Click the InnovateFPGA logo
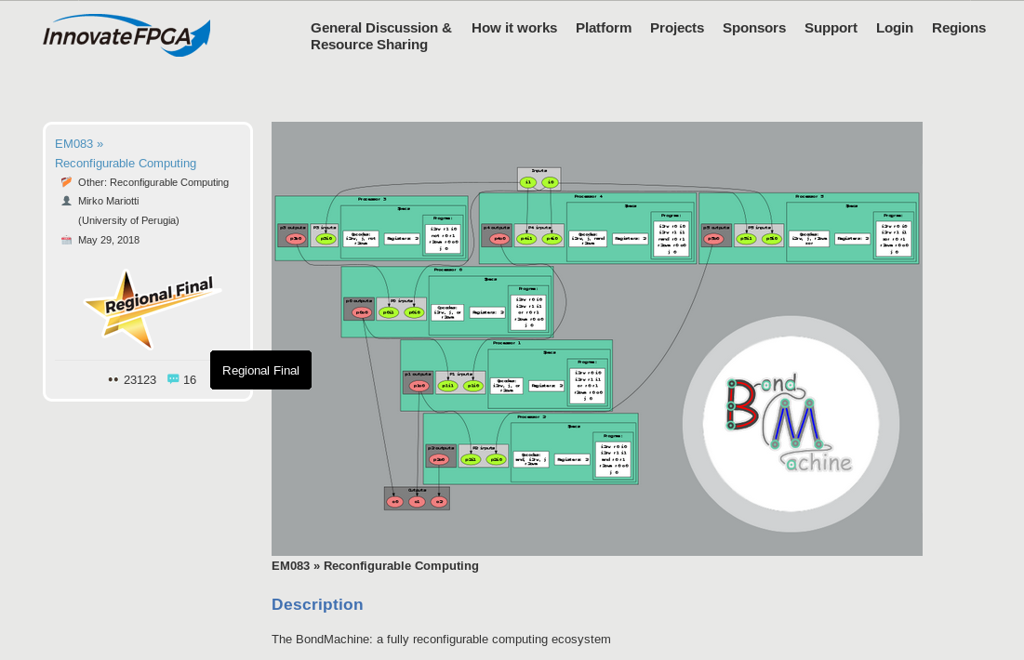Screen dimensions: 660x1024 click(126, 35)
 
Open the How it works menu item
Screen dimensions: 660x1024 click(513, 28)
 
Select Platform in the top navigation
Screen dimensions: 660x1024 click(604, 28)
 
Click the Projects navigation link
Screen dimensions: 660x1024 click(677, 28)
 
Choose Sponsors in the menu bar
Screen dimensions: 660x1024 click(754, 28)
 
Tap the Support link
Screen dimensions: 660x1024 click(831, 28)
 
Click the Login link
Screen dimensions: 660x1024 click(895, 28)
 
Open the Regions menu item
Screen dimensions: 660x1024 click(959, 28)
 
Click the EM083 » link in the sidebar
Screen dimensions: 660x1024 click(79, 143)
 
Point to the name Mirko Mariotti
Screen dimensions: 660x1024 click(108, 201)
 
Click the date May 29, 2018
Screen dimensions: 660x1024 click(109, 240)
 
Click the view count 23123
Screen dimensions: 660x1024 click(140, 379)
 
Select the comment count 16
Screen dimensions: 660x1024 click(189, 379)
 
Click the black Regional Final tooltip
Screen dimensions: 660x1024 click(260, 370)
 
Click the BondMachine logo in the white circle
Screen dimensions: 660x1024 click(791, 423)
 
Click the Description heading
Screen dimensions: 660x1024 click(317, 604)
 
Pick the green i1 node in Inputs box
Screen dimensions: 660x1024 click(528, 182)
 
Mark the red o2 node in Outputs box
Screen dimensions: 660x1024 click(439, 502)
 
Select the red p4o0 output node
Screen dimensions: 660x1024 click(499, 239)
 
